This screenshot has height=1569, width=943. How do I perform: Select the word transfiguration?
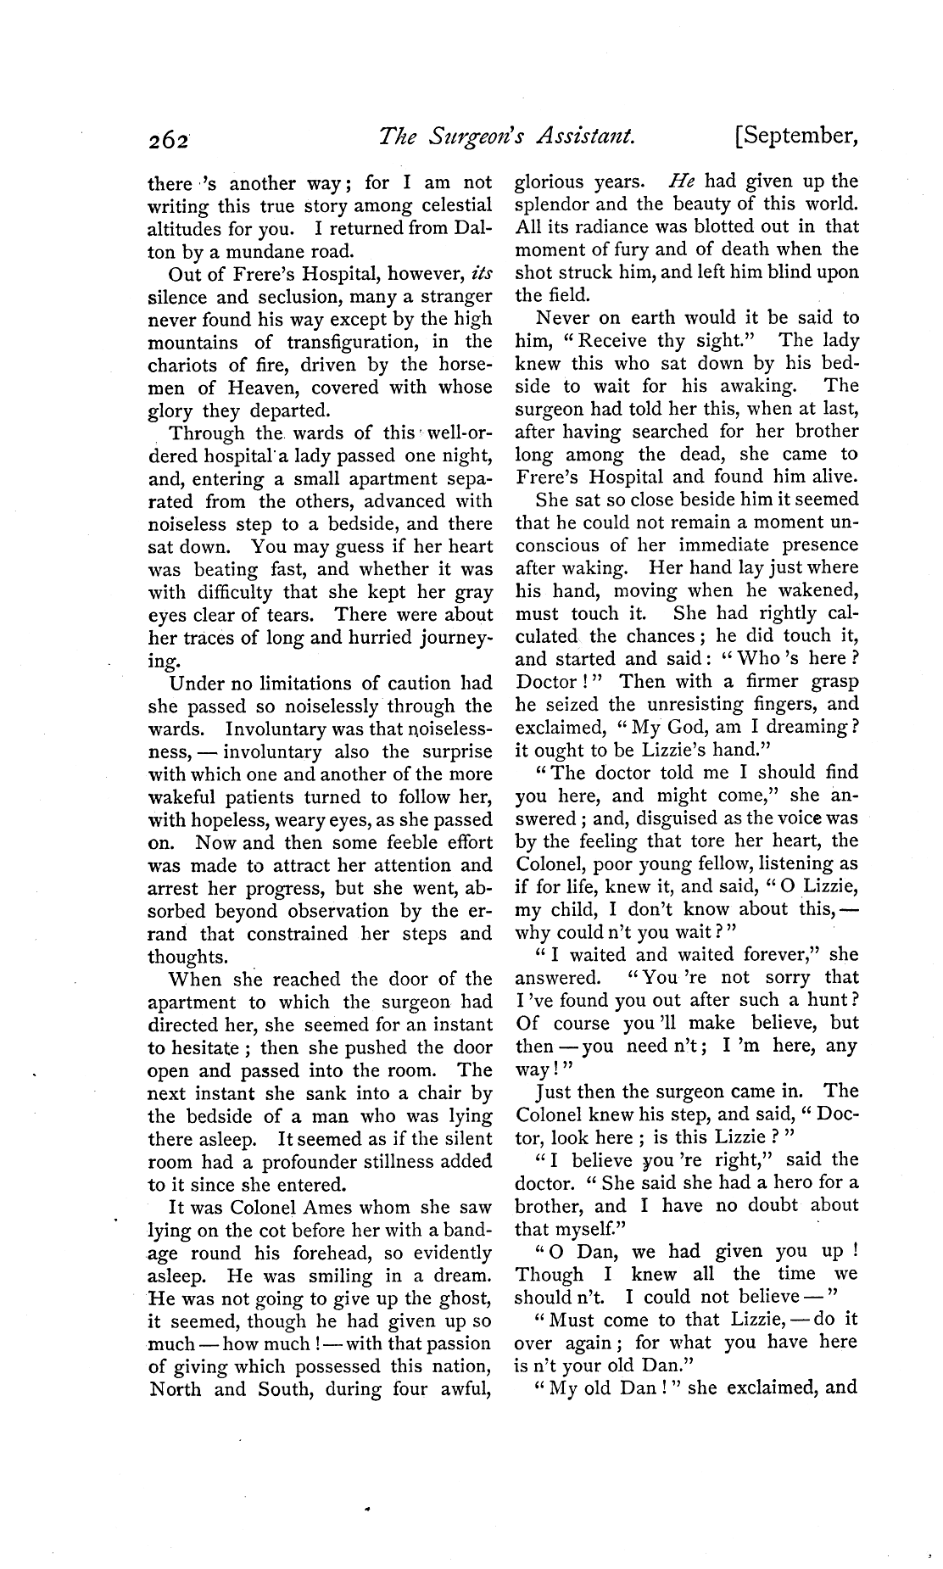360,343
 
